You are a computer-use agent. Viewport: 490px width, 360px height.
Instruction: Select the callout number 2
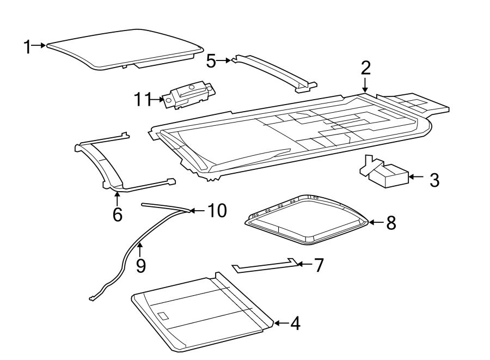[x=365, y=68]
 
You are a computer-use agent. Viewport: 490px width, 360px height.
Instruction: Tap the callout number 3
[x=434, y=180]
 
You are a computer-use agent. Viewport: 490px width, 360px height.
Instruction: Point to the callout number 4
[x=295, y=324]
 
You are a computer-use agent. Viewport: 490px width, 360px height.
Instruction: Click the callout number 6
[x=117, y=214]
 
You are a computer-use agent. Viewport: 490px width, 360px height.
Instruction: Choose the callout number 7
[x=318, y=265]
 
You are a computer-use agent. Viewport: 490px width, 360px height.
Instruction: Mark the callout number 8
[x=391, y=223]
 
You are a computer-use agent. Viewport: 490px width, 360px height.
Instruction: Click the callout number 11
[x=143, y=99]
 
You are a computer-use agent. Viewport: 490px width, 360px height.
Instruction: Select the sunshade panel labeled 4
[x=201, y=313]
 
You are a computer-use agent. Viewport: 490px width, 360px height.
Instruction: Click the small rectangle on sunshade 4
[x=163, y=315]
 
